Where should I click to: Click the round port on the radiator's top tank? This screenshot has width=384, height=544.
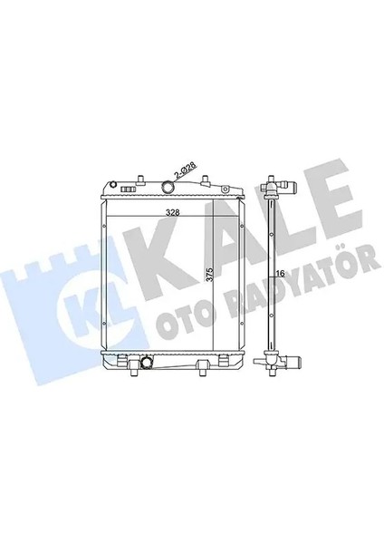[167, 188]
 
